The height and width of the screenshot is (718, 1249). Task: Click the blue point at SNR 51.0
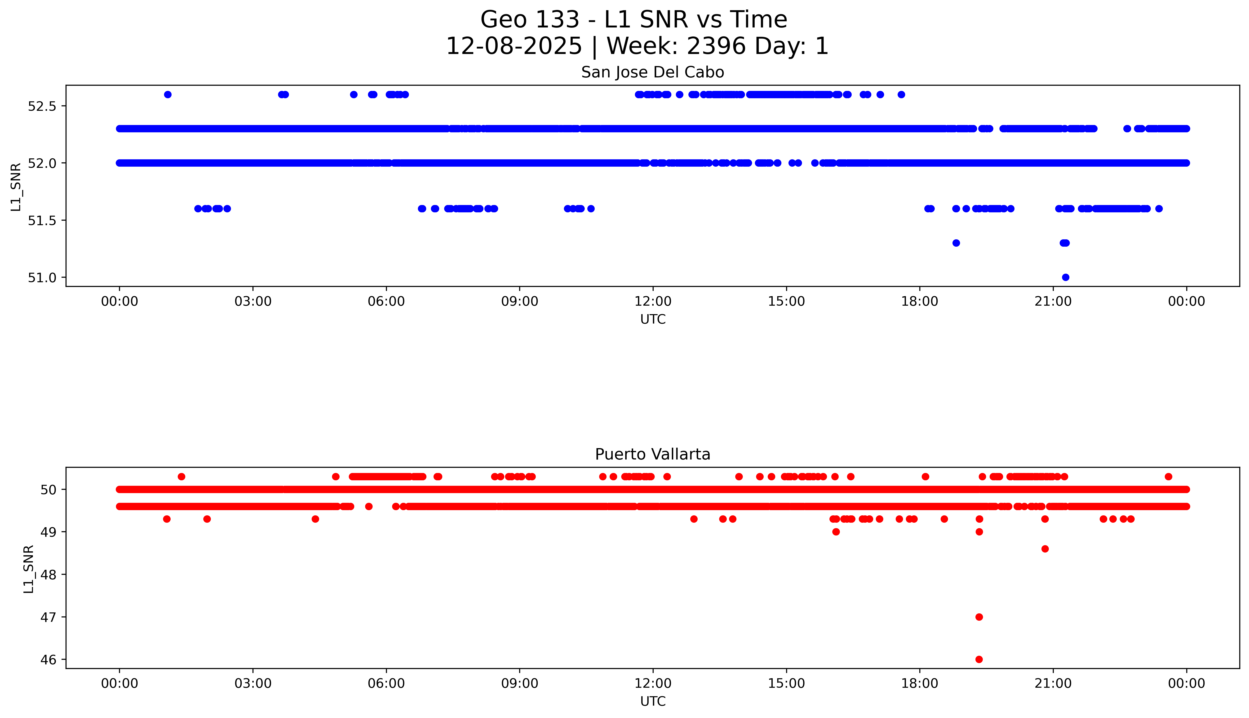tap(1065, 277)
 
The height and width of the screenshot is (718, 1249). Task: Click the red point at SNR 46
tap(979, 659)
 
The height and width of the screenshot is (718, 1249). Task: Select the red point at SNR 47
tap(979, 617)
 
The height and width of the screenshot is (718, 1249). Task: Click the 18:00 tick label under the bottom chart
tap(919, 683)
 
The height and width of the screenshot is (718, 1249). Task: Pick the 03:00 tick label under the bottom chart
tap(253, 683)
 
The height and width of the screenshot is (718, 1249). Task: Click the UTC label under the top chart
tap(653, 320)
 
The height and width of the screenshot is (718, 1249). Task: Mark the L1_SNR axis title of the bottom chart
tap(29, 569)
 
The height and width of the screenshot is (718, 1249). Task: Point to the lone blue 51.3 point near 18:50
tap(956, 243)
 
